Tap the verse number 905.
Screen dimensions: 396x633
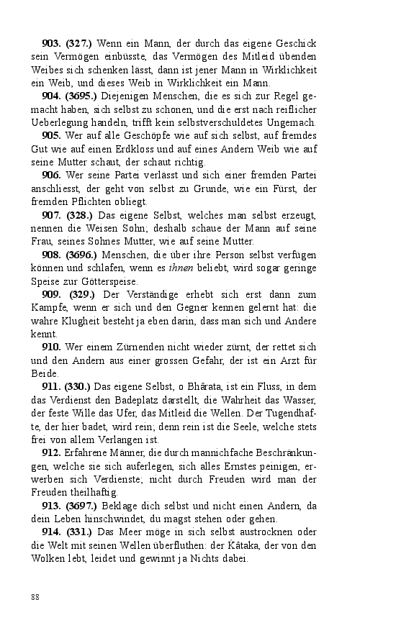click(x=53, y=135)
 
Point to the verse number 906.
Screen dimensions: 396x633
click(x=53, y=175)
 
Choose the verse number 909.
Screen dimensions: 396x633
click(x=53, y=296)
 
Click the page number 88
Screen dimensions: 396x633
click(x=35, y=597)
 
